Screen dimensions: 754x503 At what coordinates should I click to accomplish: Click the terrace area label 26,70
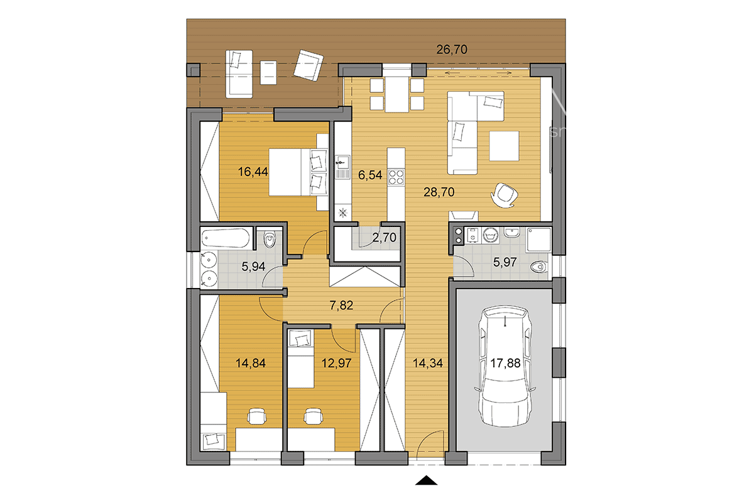(452, 50)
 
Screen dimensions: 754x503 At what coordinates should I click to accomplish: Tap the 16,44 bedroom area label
(253, 172)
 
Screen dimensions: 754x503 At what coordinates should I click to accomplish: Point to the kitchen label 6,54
(370, 175)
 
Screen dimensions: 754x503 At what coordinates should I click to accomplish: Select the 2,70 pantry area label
(385, 238)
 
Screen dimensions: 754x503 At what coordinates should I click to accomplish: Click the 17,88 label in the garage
(505, 363)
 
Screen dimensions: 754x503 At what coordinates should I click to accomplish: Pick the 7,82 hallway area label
(341, 305)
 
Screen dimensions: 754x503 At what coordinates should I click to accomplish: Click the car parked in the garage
(505, 366)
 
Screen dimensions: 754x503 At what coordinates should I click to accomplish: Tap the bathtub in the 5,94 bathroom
(226, 238)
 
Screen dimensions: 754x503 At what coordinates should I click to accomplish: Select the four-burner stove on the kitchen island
(396, 177)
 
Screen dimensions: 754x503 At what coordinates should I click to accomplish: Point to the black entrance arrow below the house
(426, 480)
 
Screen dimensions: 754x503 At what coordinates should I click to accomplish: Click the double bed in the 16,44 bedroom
(298, 172)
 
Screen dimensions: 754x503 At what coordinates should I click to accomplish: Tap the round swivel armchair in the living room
(504, 196)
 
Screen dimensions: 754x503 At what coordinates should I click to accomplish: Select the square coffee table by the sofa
(504, 146)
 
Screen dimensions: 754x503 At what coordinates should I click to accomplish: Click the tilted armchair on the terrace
(309, 65)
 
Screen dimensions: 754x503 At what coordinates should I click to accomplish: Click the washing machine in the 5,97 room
(490, 235)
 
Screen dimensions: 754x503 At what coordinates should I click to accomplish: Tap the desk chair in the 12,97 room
(314, 416)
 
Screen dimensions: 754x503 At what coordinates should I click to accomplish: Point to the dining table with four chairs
(397, 94)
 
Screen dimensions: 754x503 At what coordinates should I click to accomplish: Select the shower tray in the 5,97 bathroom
(538, 240)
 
